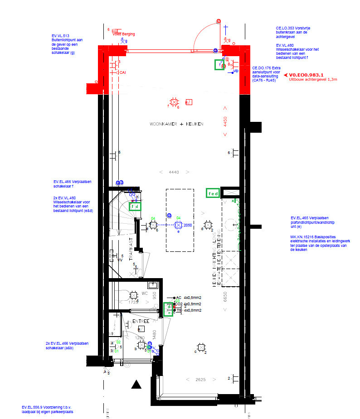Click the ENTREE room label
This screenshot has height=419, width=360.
[x=141, y=321]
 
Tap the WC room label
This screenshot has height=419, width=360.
[x=145, y=293]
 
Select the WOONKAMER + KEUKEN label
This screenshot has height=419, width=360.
[x=176, y=124]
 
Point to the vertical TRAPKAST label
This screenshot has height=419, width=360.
[x=131, y=249]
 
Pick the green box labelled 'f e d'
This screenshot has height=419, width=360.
[x=213, y=193]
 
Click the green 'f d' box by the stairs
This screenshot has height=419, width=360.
[x=135, y=207]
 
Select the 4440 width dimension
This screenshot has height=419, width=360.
[x=174, y=172]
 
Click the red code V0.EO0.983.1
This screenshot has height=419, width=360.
[x=306, y=74]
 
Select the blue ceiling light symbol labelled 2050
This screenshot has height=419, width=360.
[x=178, y=225]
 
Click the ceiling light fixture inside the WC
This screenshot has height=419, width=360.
[x=134, y=295]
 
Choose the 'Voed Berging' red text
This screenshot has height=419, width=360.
[x=124, y=34]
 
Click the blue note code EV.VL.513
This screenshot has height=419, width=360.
[x=60, y=35]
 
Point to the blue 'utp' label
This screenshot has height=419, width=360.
[x=236, y=71]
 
